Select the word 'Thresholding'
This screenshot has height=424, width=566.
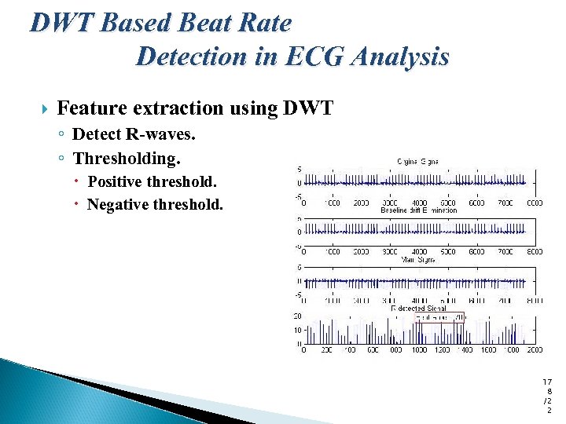click(x=126, y=159)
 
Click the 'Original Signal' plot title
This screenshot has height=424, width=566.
click(x=417, y=161)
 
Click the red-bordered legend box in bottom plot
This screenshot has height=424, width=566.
click(x=440, y=317)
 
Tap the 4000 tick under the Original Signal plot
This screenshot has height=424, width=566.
click(x=419, y=203)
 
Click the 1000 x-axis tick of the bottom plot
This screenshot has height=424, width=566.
click(x=419, y=351)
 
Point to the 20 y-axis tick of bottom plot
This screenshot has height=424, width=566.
click(x=297, y=316)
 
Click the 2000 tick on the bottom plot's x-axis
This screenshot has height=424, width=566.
click(x=534, y=351)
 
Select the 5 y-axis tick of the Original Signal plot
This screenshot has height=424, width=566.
click(x=298, y=169)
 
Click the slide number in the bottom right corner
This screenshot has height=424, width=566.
click(x=548, y=395)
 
